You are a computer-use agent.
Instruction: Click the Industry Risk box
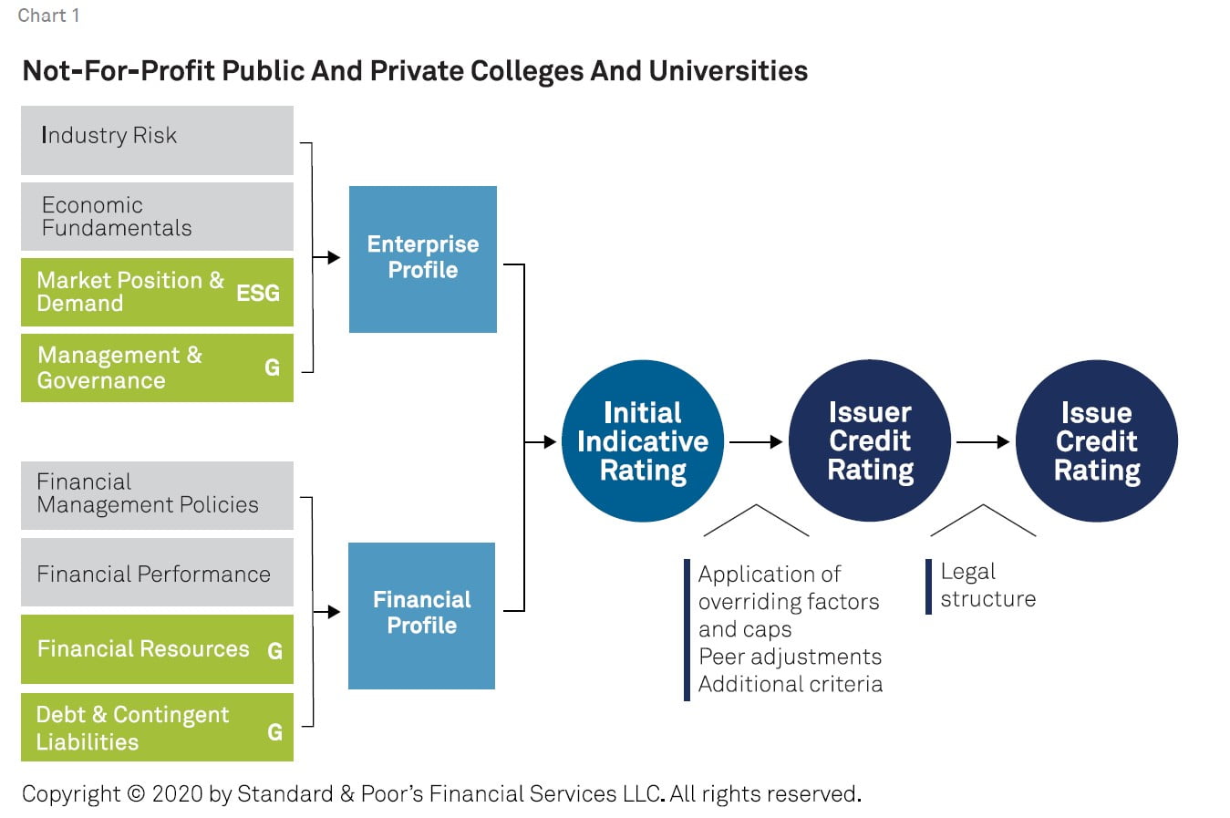click(157, 140)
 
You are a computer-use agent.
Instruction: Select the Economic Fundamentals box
click(157, 216)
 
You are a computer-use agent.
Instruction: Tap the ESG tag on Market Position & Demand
click(258, 293)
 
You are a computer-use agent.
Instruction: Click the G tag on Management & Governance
click(272, 368)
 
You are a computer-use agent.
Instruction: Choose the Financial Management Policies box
click(157, 494)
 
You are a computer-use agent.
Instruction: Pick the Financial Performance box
click(157, 573)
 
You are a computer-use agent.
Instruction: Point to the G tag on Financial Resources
click(274, 650)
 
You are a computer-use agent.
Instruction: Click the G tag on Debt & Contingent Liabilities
click(274, 731)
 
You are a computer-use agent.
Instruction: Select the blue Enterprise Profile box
click(422, 259)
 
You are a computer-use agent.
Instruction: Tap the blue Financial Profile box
click(421, 616)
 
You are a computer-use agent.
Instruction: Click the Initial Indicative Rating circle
click(642, 441)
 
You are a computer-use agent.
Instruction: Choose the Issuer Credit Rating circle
click(870, 441)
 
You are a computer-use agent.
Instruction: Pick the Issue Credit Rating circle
click(1096, 441)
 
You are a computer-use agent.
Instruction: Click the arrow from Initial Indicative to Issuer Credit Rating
click(756, 442)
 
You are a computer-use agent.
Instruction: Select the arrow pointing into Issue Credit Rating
click(982, 442)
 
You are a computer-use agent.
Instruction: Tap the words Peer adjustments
click(790, 657)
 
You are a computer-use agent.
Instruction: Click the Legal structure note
click(987, 585)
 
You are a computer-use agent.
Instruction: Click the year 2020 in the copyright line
click(178, 794)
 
